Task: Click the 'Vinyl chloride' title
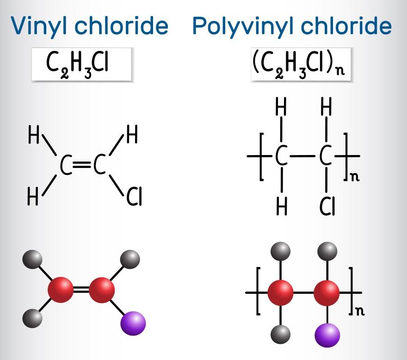click(x=89, y=26)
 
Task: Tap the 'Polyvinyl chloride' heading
click(x=291, y=26)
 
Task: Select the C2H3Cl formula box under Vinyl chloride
click(x=82, y=65)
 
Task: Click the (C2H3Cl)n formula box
click(x=300, y=65)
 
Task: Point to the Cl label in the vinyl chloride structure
click(x=134, y=198)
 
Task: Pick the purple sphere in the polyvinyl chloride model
click(x=327, y=334)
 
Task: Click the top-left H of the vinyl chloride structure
click(x=34, y=137)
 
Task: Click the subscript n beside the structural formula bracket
click(x=354, y=177)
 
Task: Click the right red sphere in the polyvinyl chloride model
click(x=327, y=292)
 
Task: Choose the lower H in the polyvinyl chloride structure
click(x=281, y=207)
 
